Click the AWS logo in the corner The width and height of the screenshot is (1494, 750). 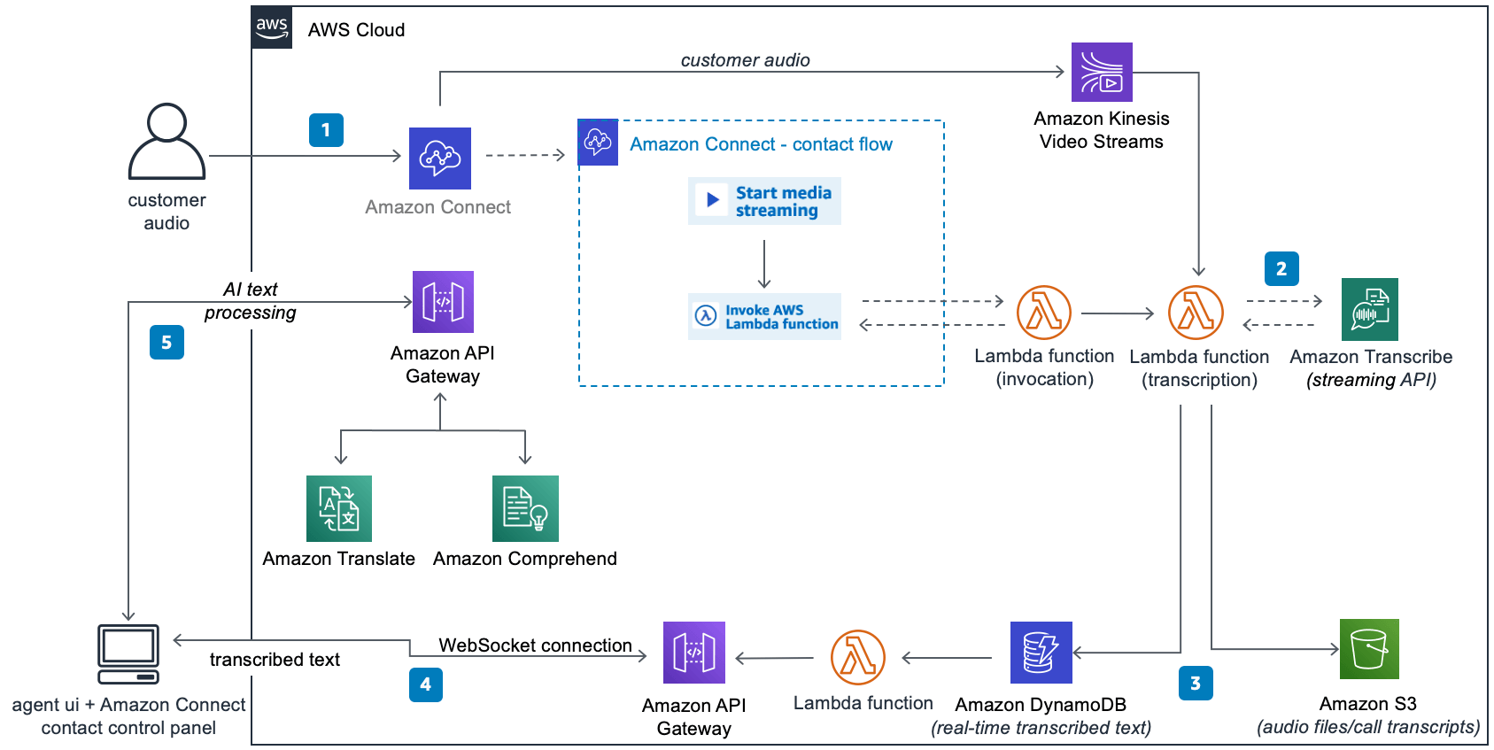point(272,27)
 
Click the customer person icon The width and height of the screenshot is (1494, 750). point(166,142)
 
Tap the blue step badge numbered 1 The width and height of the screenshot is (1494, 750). point(326,130)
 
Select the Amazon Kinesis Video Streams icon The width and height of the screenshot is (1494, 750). point(1102,73)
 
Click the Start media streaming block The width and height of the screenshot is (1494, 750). point(764,201)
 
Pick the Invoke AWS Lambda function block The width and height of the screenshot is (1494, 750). point(764,317)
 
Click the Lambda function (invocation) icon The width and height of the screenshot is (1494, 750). point(1044,313)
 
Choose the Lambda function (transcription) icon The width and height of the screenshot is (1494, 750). point(1196,313)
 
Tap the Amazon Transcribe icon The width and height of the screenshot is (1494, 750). point(1369,309)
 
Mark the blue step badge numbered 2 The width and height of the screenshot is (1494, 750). point(1281,268)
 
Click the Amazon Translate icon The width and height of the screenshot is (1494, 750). point(339,508)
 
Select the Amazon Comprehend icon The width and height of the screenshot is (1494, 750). point(525,508)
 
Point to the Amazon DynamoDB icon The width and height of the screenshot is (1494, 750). point(1041,653)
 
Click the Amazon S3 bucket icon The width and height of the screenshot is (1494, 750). point(1369,649)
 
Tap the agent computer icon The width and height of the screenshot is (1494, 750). point(128,654)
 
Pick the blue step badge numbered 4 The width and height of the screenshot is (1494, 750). point(425,684)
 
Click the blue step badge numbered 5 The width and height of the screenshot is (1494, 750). point(166,343)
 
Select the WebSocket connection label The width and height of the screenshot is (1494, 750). point(535,646)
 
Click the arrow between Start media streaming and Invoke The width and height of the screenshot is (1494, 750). point(764,263)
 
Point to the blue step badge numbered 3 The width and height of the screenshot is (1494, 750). point(1196,683)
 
